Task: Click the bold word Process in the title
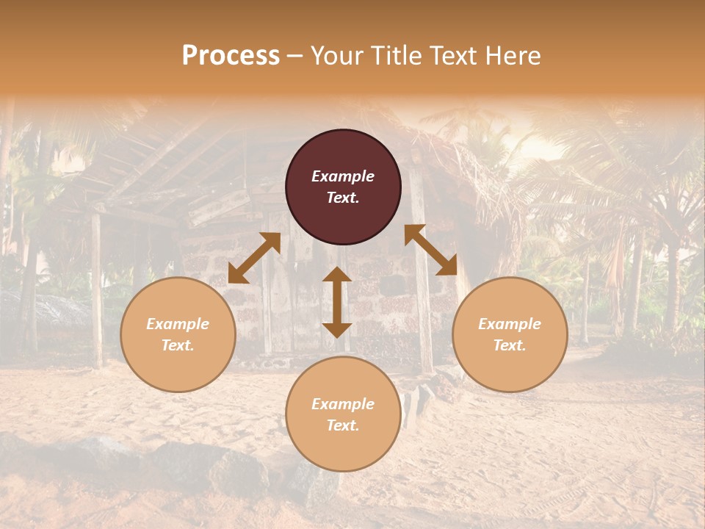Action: coord(231,56)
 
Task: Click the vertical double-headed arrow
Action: coord(337,302)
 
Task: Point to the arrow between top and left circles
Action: coord(254,258)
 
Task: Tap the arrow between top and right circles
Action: coord(431,250)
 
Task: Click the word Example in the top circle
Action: coord(343,176)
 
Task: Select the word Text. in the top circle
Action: coord(343,198)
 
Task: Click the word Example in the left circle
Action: coord(178,324)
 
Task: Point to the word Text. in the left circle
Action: coord(178,345)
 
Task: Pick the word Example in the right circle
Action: coord(510,324)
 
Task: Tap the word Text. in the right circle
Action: coord(510,345)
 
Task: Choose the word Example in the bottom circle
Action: coord(343,404)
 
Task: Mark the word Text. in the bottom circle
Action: coord(343,425)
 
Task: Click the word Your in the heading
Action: coord(339,56)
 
